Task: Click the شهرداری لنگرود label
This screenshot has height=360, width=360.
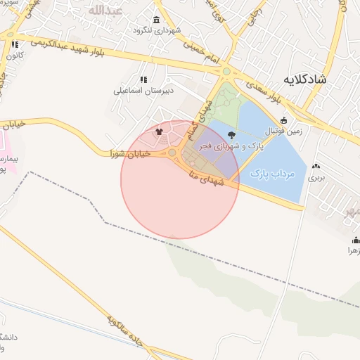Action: [157, 30]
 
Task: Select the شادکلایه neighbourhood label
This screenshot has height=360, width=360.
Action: [306, 79]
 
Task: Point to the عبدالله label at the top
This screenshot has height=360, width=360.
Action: [107, 11]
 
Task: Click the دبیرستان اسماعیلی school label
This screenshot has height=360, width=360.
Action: [142, 90]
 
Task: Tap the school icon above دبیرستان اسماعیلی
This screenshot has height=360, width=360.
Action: [143, 79]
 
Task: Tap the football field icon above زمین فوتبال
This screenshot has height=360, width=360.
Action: [283, 120]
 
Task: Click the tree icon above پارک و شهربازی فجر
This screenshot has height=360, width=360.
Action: [232, 135]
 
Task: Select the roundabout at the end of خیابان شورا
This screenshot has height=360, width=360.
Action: [172, 153]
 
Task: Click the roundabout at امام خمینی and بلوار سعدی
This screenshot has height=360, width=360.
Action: [226, 71]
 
